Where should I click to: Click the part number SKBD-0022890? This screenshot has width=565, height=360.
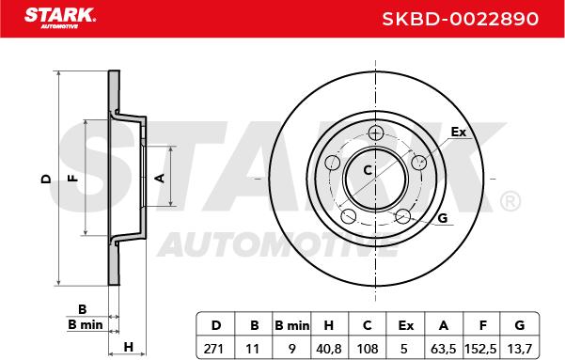(460, 19)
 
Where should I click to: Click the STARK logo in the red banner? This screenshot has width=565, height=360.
(60, 18)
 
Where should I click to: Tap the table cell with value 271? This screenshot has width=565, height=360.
(214, 349)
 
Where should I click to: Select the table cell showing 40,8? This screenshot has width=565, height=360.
(329, 349)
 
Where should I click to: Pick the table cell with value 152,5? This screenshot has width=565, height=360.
(480, 349)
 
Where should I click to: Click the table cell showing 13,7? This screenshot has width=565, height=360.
(519, 349)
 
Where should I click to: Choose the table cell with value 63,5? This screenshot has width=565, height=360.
(443, 349)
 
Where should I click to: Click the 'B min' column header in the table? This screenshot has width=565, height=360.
(291, 325)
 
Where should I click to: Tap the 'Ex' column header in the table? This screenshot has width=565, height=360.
(405, 325)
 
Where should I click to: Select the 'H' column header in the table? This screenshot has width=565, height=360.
(329, 325)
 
